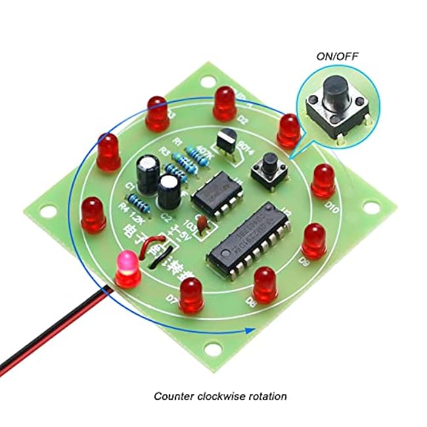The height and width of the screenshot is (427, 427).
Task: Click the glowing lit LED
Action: click(x=127, y=269)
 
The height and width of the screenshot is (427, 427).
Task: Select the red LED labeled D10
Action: click(x=323, y=180)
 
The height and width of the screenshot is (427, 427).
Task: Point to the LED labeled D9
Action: click(x=315, y=240)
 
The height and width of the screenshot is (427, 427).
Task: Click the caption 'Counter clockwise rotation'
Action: click(x=220, y=396)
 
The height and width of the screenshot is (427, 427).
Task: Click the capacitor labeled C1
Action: click(x=147, y=172)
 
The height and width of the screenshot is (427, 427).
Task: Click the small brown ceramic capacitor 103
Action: click(x=204, y=225)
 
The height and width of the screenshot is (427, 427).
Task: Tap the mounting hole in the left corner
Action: click(x=47, y=210)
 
